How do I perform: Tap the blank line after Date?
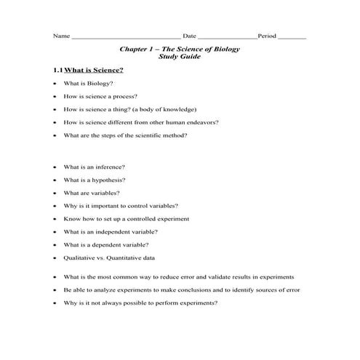pos(226,36)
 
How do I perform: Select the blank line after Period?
pos(292,36)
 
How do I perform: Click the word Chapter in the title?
pos(133,49)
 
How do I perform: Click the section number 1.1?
pos(57,71)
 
